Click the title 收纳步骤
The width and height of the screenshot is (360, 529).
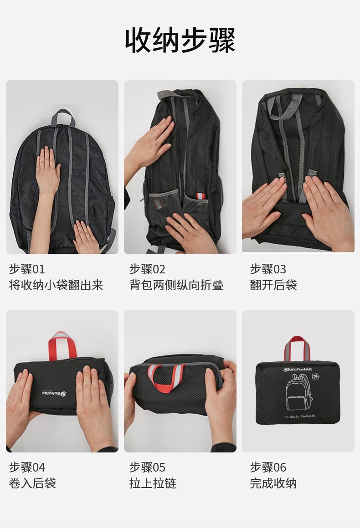(180, 41)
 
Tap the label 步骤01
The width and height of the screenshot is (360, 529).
(27, 269)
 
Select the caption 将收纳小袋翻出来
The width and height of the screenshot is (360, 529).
(56, 285)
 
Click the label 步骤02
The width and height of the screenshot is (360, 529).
(148, 269)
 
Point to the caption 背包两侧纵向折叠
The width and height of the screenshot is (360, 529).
(176, 285)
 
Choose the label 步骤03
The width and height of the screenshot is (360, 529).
(268, 269)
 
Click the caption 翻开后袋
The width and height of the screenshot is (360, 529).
(273, 285)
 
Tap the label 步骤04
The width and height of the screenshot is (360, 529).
(27, 467)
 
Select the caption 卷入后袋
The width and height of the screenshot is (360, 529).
(32, 483)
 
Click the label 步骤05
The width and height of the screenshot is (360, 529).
(148, 467)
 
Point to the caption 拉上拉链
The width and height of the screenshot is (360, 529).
(153, 483)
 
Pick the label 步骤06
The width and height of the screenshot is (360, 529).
(268, 467)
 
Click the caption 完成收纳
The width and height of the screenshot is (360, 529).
(273, 483)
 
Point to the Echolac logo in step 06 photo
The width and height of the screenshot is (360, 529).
(297, 369)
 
